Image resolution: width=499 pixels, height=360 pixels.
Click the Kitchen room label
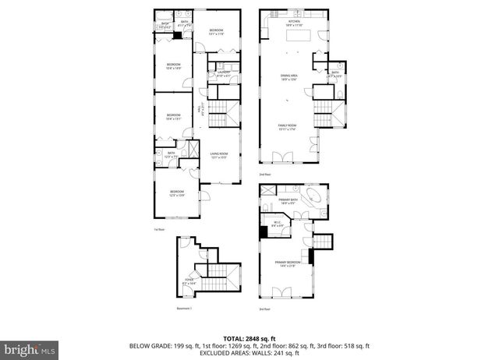click(294, 23)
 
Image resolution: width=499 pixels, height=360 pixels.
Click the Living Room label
click(218, 155)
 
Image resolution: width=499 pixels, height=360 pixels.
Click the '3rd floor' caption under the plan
click(264, 309)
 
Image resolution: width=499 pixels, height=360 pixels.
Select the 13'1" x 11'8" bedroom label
click(216, 32)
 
